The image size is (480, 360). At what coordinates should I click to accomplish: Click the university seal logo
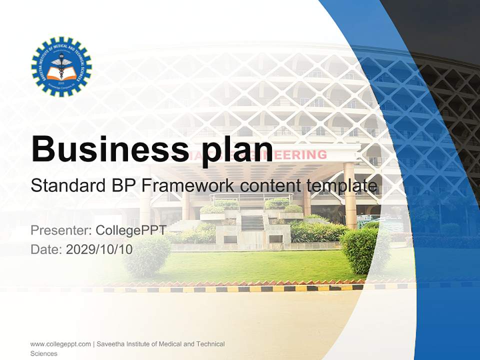[61, 66]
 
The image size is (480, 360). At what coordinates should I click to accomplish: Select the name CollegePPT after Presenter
[131, 231]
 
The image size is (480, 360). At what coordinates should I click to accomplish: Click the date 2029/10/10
[99, 249]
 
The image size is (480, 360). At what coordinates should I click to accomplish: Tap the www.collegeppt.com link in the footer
[60, 344]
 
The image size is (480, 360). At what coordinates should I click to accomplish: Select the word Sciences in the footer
[43, 353]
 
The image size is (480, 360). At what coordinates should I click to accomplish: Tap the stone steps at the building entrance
[253, 222]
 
